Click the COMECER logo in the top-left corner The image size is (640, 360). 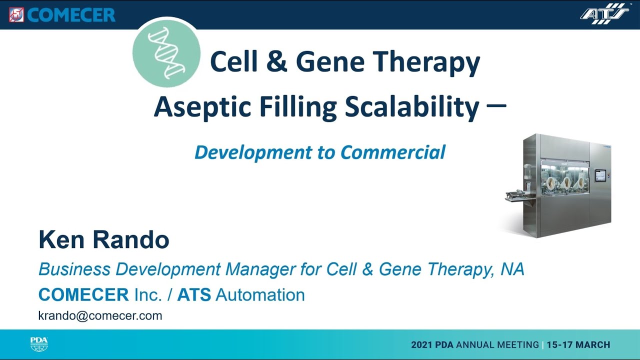(x=62, y=14)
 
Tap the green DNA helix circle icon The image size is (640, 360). (x=166, y=53)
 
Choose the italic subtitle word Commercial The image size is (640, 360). (x=393, y=152)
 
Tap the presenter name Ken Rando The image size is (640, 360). (x=104, y=240)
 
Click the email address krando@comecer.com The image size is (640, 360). (x=100, y=315)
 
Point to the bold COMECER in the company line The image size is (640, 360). (x=83, y=294)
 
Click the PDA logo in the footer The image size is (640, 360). (x=39, y=344)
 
